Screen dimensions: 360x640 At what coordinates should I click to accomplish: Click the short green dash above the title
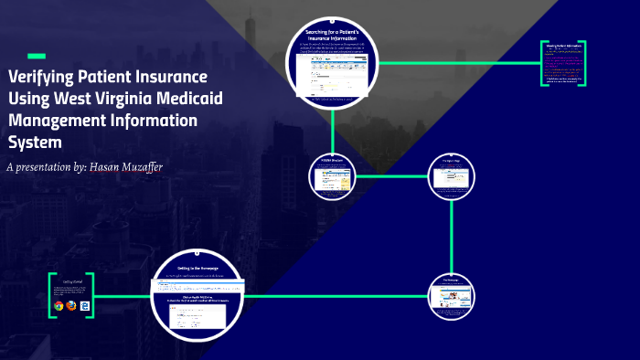37,56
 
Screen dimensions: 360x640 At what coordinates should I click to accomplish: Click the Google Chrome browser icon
59,306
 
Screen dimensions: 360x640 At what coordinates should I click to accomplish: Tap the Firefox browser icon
71,306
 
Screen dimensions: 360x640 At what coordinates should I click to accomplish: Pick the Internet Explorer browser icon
84,306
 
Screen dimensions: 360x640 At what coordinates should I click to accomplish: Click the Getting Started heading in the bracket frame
74,282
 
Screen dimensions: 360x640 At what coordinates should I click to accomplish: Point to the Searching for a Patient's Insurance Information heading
333,36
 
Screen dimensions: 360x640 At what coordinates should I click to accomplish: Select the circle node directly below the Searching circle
333,175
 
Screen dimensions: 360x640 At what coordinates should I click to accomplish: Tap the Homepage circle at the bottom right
452,293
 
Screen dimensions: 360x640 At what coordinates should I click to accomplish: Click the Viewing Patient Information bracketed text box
563,64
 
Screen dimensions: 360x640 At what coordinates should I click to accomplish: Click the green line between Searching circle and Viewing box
457,63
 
